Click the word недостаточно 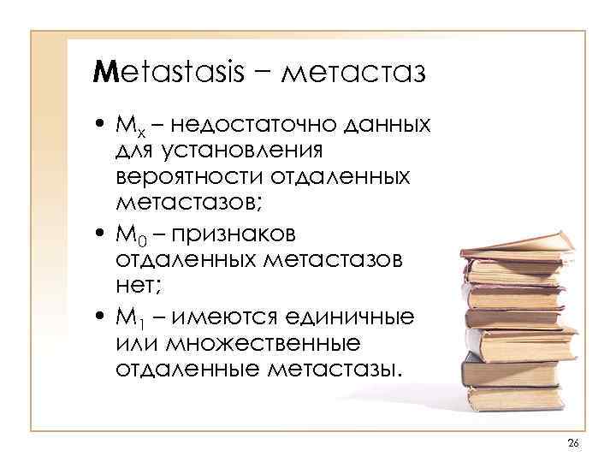pyautogui.click(x=253, y=127)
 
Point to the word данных pyautogui.click(x=385, y=127)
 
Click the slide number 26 pyautogui.click(x=573, y=441)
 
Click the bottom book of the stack pyautogui.click(x=514, y=398)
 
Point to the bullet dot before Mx pyautogui.click(x=101, y=127)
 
